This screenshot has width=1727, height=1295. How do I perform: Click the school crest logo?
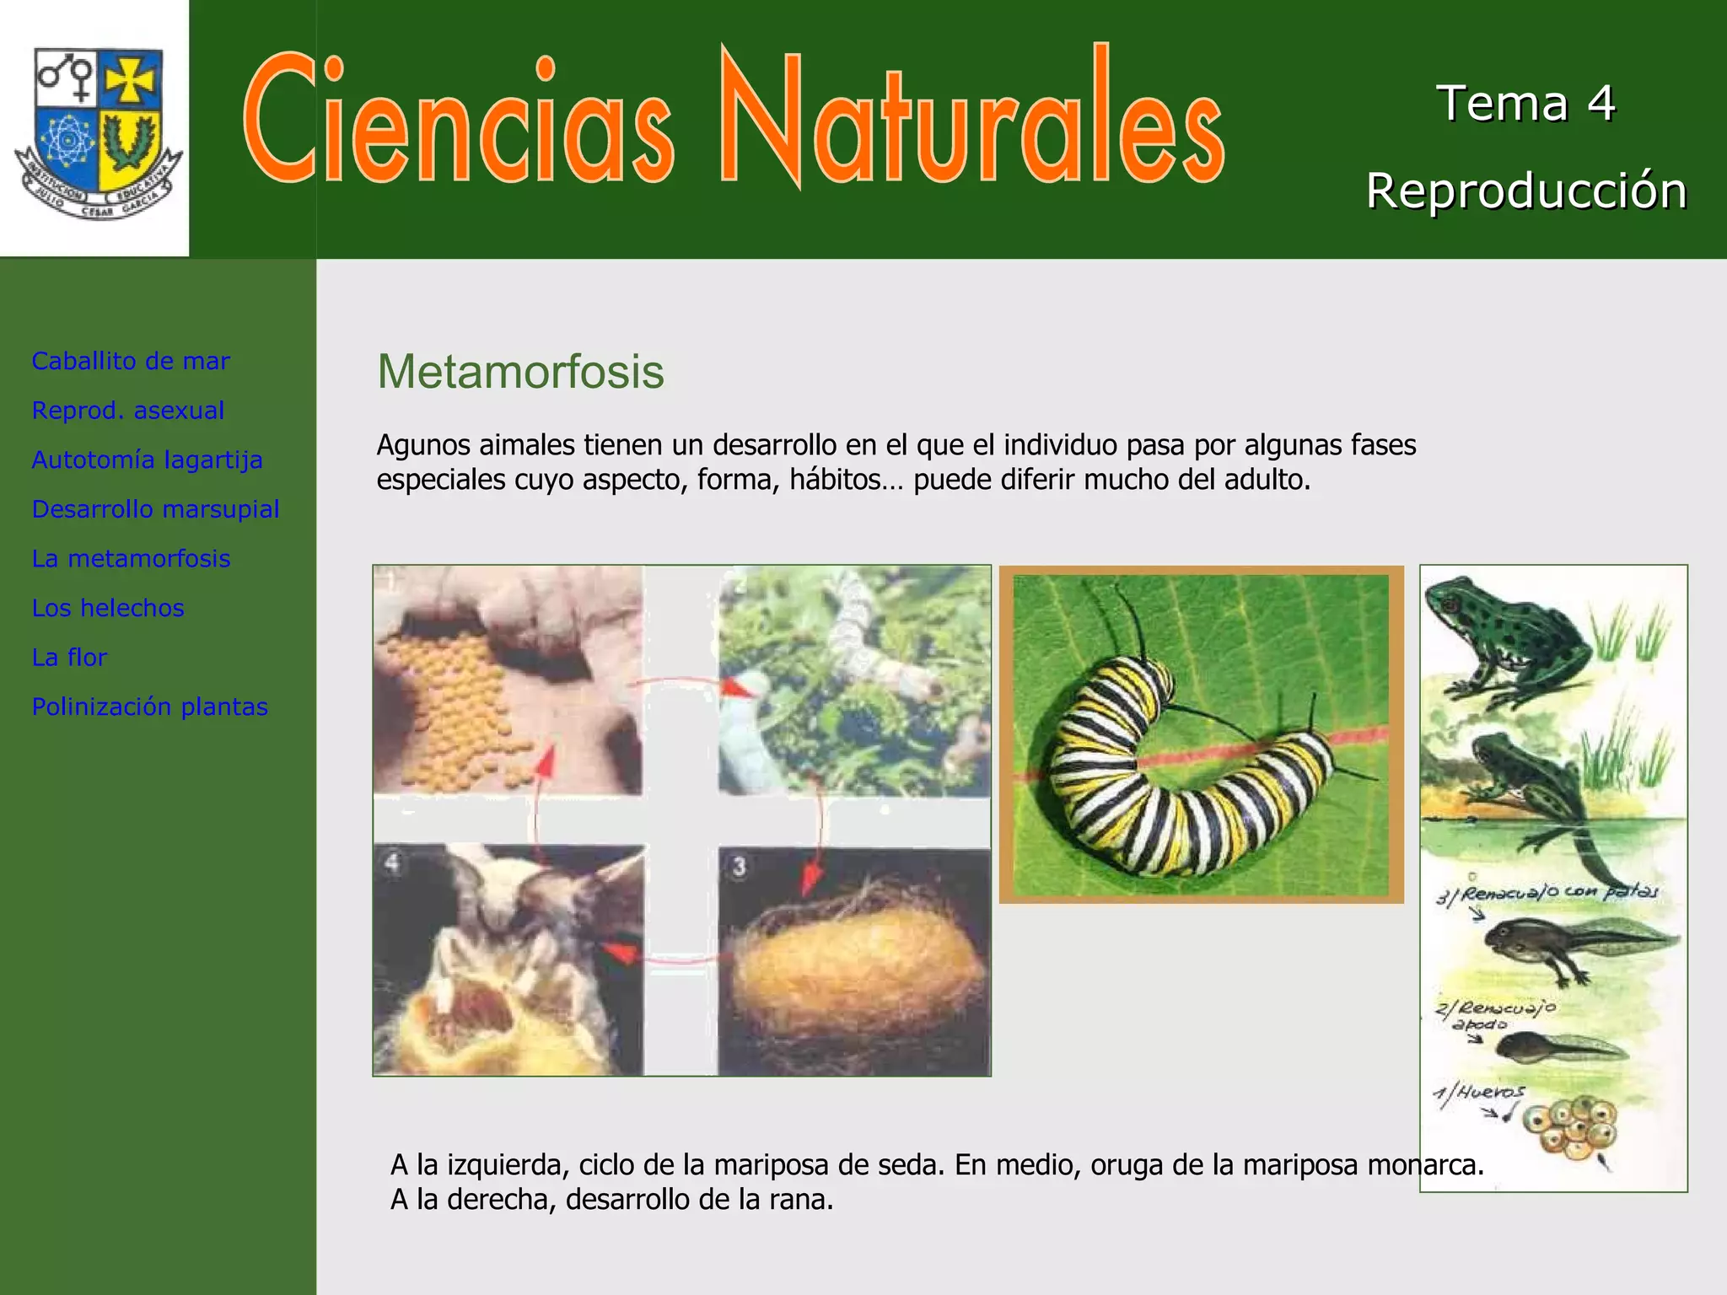96,131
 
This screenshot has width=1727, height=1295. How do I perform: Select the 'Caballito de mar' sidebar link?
131,361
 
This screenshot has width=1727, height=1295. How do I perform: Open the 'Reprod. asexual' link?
128,411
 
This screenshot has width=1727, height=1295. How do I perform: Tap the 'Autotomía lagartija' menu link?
148,459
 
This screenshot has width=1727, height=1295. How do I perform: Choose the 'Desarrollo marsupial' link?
156,509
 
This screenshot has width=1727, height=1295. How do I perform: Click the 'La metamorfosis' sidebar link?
132,558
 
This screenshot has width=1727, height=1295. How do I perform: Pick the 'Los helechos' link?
108,608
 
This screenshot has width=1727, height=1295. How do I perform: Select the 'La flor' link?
69,658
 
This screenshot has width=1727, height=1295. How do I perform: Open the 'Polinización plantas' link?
150,707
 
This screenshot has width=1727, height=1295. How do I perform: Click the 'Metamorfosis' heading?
520,372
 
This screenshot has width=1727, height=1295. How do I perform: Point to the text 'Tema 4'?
1525,104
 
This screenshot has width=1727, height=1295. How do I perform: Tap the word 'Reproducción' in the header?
1526,191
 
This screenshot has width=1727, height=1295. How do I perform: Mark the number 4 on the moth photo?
393,863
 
